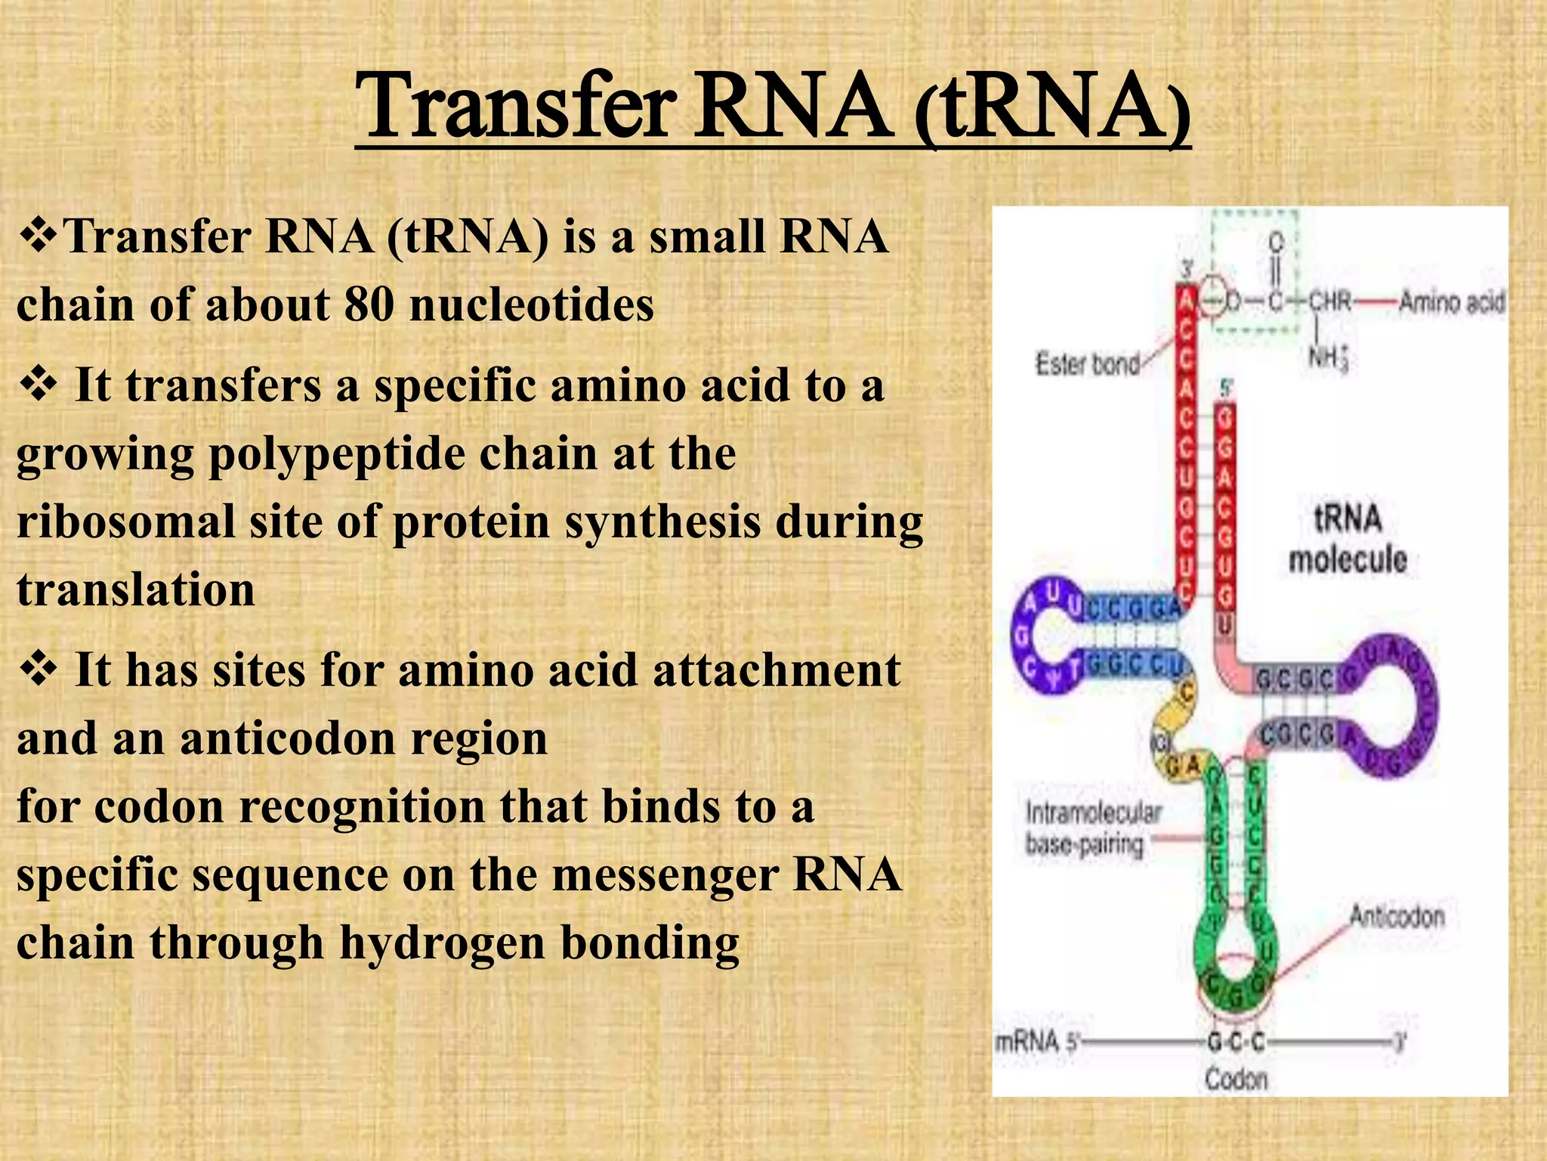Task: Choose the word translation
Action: point(136,590)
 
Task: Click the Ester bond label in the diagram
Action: point(1087,364)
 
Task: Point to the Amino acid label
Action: point(1451,302)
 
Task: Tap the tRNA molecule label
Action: point(1348,539)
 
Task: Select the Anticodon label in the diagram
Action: point(1396,917)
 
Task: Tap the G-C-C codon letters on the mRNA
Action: point(1236,1042)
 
